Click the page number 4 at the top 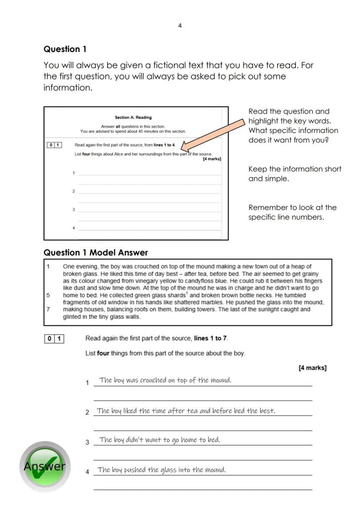(x=180, y=26)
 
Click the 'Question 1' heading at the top (x=62, y=49)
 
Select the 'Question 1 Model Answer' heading (x=96, y=253)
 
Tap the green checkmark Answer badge (x=44, y=466)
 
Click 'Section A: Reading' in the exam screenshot (x=133, y=117)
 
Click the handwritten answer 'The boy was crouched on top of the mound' (x=165, y=380)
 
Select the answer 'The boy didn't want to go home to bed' (x=160, y=440)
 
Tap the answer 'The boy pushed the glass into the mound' (x=162, y=470)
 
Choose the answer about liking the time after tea (x=186, y=411)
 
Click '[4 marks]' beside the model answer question (x=312, y=368)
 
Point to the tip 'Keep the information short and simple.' (x=294, y=173)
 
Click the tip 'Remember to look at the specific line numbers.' (x=292, y=212)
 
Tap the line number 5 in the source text (x=49, y=295)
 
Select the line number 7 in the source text (x=49, y=309)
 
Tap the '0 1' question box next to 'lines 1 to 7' (x=54, y=338)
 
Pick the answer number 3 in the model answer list (x=87, y=442)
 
